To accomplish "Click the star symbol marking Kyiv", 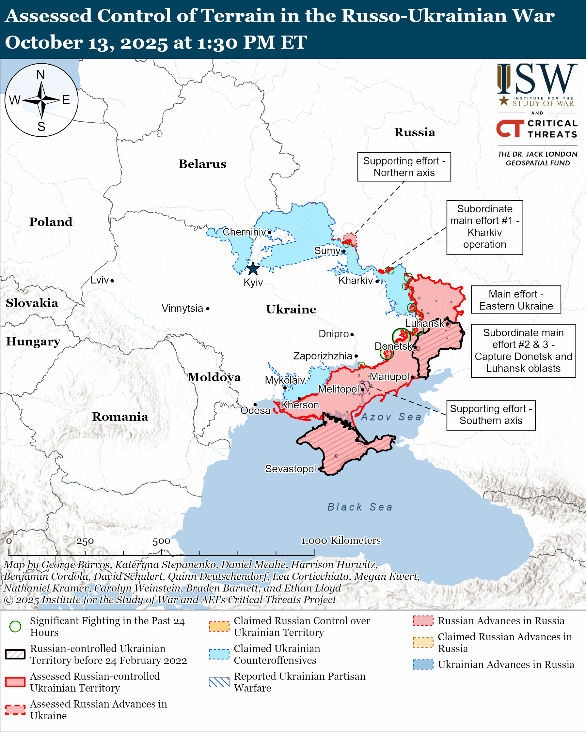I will click(x=253, y=269).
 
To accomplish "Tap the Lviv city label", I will click(x=100, y=280).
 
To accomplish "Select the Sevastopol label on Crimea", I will click(x=291, y=469).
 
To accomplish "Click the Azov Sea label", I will click(x=391, y=417).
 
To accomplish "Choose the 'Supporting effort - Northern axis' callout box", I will click(x=404, y=167).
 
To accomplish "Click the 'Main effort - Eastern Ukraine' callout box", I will click(x=516, y=300).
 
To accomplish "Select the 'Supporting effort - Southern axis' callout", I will click(x=491, y=415).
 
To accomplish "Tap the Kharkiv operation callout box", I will click(x=484, y=227).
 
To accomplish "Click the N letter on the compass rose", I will click(x=41, y=75).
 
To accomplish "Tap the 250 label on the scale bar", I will click(x=85, y=541).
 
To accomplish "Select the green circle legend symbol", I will click(x=15, y=626).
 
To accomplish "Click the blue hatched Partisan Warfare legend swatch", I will click(x=219, y=682).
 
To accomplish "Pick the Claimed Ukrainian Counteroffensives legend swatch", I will click(x=219, y=654).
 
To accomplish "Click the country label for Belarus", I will click(x=202, y=164).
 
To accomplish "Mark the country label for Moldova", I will click(x=214, y=377).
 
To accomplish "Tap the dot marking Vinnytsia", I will click(x=208, y=309).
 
